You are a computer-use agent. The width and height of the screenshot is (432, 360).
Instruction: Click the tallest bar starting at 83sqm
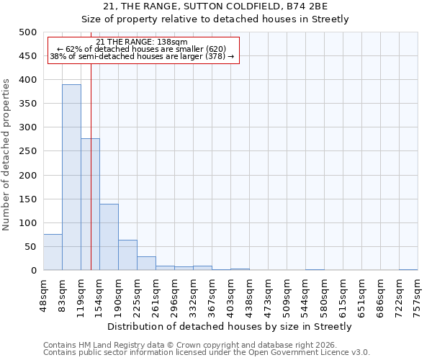tap(71, 177)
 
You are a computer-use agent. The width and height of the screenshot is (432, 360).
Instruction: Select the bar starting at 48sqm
tap(53, 252)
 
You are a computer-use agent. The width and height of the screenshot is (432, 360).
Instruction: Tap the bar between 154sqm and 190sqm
tap(109, 237)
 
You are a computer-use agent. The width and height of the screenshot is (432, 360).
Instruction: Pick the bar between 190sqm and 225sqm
tap(127, 255)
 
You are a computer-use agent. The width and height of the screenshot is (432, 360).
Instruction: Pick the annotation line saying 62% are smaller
tap(141, 49)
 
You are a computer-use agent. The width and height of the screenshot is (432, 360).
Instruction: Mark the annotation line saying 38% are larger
tap(141, 56)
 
